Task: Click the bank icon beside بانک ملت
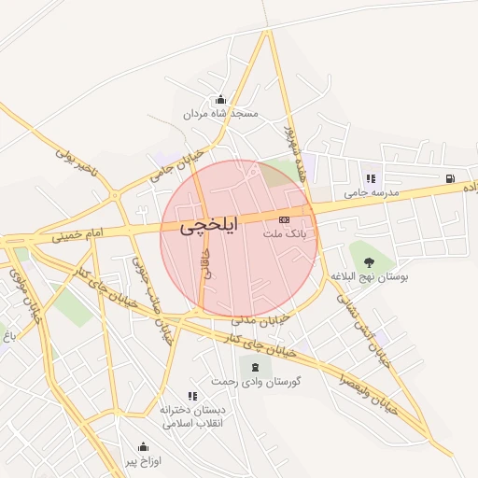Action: point(285,218)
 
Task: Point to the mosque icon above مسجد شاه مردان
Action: point(220,100)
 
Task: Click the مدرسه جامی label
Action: point(371,192)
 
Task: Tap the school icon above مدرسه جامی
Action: point(371,178)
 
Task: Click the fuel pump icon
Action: point(451,178)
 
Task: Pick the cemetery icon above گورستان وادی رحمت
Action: point(256,366)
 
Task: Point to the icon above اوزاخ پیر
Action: point(143,446)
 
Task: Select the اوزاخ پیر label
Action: point(143,461)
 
